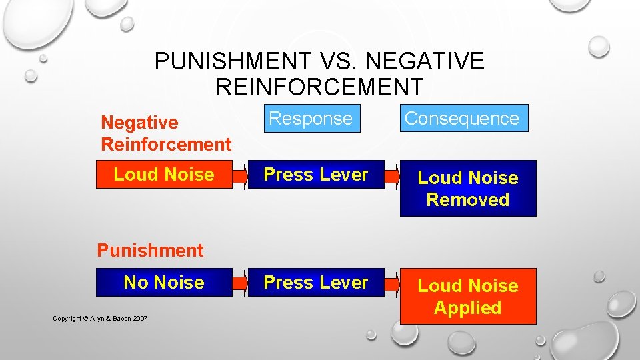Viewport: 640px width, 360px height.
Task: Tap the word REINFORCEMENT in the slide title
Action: [x=319, y=87]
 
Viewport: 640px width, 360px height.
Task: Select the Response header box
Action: [x=311, y=119]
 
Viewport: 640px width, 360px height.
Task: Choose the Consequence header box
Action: [x=462, y=119]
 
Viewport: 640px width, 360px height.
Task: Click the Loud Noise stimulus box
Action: [x=164, y=175]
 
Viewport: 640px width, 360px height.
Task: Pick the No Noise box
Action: [x=164, y=283]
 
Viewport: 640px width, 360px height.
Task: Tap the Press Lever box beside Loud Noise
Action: [x=316, y=175]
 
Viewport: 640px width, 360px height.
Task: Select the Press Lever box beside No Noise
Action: [x=316, y=283]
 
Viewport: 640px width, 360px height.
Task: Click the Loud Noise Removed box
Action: [x=468, y=189]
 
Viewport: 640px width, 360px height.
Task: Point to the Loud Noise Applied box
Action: [x=468, y=297]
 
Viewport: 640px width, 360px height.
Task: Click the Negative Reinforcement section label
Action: [x=166, y=133]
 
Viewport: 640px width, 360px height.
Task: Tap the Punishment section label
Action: [x=150, y=251]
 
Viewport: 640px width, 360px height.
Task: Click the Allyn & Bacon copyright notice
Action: [x=100, y=319]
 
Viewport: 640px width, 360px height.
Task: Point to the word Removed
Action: [x=468, y=200]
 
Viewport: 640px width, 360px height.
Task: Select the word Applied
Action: [x=468, y=308]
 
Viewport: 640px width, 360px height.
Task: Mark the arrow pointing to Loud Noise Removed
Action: [x=393, y=175]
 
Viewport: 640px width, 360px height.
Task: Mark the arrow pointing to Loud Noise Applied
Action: [x=393, y=283]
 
